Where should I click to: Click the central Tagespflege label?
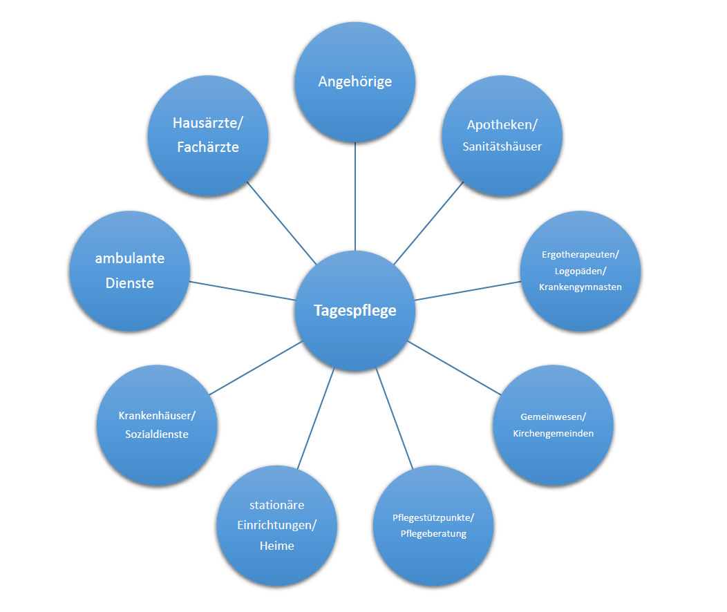click(x=355, y=310)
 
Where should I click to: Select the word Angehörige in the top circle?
click(x=355, y=82)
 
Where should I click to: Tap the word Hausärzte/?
click(x=208, y=123)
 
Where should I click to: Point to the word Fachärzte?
click(x=208, y=147)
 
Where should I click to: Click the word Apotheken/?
click(x=502, y=124)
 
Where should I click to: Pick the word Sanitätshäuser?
click(x=502, y=146)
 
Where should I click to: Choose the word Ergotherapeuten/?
click(x=580, y=254)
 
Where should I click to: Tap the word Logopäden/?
click(x=580, y=271)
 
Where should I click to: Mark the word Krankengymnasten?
click(x=580, y=287)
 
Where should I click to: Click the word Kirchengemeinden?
click(x=553, y=433)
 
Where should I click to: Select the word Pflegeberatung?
click(x=433, y=534)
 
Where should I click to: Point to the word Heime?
click(x=277, y=546)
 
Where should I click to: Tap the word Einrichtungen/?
click(x=277, y=525)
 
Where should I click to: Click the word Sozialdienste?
click(x=157, y=434)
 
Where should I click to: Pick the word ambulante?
click(x=130, y=258)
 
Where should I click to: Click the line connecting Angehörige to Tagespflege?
click(x=355, y=196)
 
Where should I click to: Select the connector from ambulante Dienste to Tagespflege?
click(x=243, y=291)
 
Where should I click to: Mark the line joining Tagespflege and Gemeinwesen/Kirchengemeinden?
click(x=455, y=368)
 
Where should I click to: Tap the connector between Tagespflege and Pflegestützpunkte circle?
click(x=394, y=419)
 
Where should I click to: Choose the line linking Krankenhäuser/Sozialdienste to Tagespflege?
click(x=256, y=368)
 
